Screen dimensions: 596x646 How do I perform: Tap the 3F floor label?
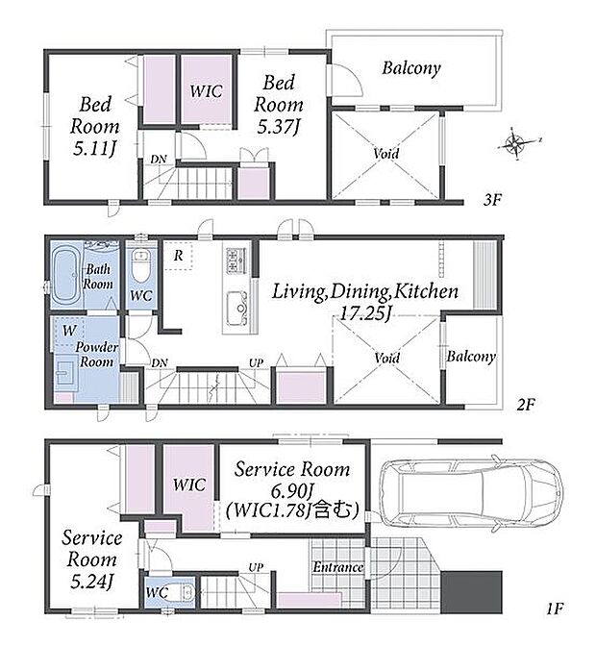492,200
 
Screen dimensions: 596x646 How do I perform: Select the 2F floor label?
526,405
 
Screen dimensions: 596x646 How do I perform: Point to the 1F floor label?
555,609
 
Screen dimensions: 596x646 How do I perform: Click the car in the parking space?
471,493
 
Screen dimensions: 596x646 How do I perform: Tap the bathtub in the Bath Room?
66,274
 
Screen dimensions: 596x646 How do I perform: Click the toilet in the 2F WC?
141,264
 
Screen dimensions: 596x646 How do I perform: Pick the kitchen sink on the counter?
236,308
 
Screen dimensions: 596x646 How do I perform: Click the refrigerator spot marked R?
179,256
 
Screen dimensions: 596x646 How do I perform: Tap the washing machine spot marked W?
69,331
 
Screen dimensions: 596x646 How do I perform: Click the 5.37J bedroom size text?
278,127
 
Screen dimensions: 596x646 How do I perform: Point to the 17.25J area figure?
365,314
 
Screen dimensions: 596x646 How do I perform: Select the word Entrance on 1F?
337,567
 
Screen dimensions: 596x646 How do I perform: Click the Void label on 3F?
385,154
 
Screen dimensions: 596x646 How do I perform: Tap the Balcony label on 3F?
411,68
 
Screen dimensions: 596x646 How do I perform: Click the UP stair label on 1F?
256,567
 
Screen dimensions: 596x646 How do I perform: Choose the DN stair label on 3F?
159,160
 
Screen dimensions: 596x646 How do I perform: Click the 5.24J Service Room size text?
91,582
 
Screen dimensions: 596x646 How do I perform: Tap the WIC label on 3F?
206,91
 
